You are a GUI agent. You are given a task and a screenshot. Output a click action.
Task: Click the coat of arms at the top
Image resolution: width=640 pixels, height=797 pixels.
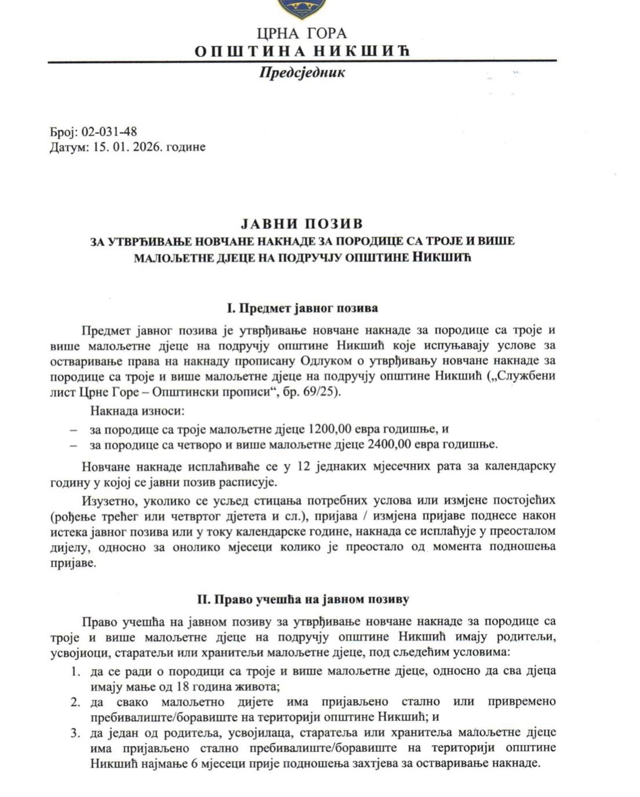click(302, 6)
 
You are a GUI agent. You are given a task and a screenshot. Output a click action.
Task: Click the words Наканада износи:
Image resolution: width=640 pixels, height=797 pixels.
click(136, 412)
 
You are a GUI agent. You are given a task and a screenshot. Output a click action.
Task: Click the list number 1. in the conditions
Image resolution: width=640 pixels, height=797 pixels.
click(75, 671)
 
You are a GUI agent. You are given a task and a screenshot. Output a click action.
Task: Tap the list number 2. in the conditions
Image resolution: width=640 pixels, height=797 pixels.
click(75, 702)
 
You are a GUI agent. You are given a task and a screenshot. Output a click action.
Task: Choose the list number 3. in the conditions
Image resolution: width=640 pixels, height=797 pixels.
click(75, 733)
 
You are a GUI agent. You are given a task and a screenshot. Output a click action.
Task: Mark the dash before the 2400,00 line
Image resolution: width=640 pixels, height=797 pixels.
click(73, 445)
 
